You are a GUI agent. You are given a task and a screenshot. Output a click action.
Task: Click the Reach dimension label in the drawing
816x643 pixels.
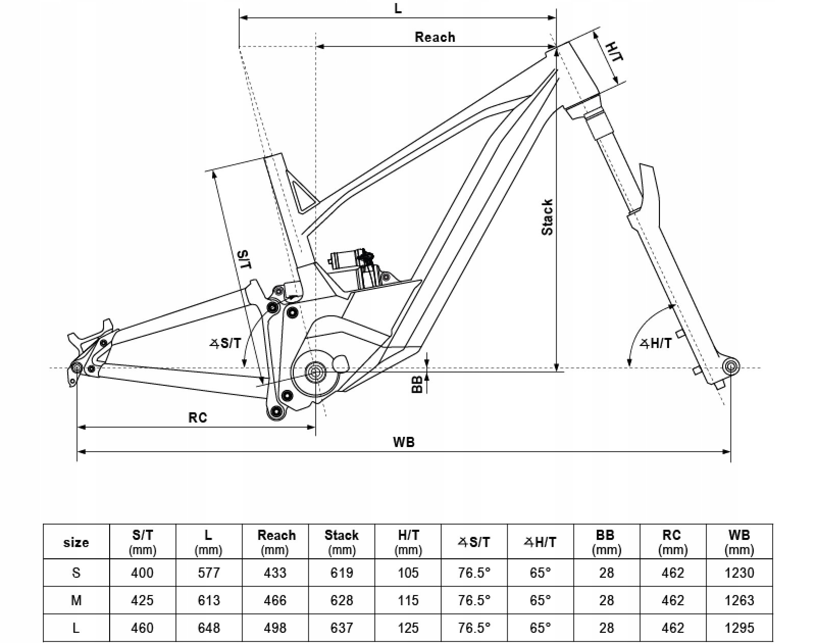coord(435,37)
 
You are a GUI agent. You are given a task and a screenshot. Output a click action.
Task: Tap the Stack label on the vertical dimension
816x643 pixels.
coord(547,217)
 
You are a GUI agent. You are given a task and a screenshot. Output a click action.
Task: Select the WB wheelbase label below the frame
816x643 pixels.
coord(403,442)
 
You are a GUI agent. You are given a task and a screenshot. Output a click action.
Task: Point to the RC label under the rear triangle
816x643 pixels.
coord(198,417)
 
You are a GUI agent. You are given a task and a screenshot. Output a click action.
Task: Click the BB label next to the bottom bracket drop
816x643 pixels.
coord(417,384)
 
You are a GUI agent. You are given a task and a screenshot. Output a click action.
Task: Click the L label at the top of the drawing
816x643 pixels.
coord(398,8)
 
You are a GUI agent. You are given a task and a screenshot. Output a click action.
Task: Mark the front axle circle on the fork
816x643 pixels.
coord(730,365)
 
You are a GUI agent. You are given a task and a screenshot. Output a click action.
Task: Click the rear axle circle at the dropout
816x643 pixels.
coord(77,367)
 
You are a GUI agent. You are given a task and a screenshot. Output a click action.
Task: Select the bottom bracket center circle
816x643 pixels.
coord(315,372)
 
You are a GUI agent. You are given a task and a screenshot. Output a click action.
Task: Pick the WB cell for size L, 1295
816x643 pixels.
coord(739,628)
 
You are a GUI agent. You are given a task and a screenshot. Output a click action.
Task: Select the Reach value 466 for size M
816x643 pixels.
coord(275,600)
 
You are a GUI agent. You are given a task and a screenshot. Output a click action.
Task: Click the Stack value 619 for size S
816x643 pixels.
coord(342,573)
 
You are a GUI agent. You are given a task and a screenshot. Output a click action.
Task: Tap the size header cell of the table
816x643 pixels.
coord(76,542)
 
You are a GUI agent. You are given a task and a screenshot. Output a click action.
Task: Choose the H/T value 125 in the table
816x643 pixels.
coord(408,628)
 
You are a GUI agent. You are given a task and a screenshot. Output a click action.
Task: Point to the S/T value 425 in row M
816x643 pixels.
coord(142,600)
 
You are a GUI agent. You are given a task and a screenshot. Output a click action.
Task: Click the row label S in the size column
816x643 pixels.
coord(76,573)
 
